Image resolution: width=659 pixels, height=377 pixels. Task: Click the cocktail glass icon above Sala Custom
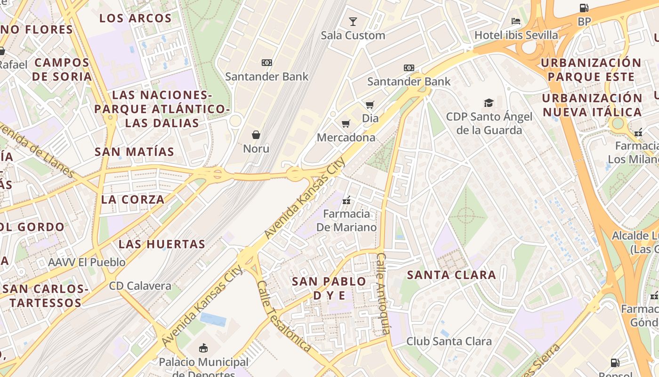coord(353,21)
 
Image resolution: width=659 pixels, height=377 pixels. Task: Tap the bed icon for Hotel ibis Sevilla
coord(516,21)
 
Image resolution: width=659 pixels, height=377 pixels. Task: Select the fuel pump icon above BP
coord(584,8)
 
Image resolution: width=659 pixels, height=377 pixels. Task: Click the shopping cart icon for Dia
coord(370,105)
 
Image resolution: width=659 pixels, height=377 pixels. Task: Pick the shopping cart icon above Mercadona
coord(346,124)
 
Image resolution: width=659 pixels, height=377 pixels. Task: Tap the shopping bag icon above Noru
coord(256,135)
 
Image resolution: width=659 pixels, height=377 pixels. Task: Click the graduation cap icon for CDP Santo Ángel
coord(489,103)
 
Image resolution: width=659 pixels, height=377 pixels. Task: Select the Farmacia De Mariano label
coord(349,221)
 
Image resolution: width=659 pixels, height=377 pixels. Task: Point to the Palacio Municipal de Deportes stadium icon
coord(203,348)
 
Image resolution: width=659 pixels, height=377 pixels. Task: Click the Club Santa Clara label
coord(449,341)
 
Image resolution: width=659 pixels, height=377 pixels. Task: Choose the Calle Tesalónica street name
coord(283,316)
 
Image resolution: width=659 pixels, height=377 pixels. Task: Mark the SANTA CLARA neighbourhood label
coord(451,275)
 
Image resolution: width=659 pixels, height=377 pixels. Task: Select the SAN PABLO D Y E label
coord(329,288)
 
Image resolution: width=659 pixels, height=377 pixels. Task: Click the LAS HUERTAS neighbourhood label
coord(162,244)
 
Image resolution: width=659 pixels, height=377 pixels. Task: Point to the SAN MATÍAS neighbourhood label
coord(134,152)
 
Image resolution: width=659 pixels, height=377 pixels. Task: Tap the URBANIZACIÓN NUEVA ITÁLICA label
coord(592,105)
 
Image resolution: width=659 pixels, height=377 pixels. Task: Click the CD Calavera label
coord(140,286)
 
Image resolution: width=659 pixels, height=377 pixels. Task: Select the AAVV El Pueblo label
coord(87,262)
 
